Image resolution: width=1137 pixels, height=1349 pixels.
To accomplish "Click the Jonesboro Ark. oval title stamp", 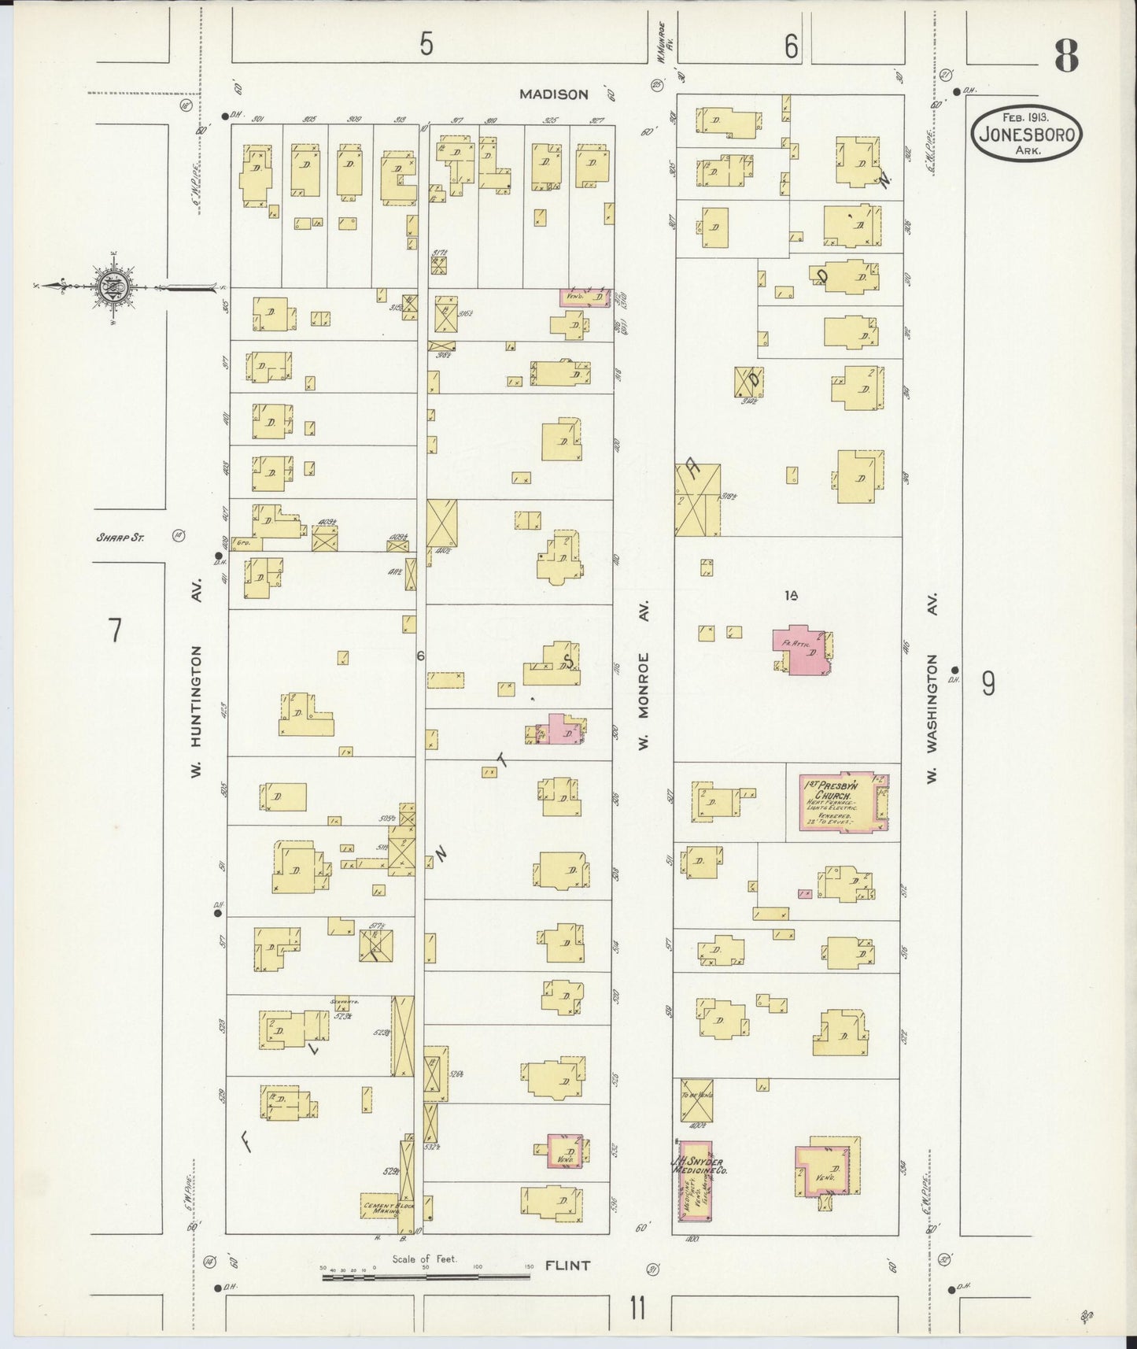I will pos(1027,135).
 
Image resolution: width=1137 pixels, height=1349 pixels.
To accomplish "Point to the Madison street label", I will pos(553,94).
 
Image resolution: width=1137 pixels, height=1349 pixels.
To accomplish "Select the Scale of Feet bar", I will pos(425,1276).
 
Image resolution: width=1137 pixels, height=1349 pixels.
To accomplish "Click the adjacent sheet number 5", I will pos(426,44).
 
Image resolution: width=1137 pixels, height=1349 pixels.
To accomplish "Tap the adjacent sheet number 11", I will pos(637,1310).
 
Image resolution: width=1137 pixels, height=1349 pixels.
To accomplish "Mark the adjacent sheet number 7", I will pos(116,630).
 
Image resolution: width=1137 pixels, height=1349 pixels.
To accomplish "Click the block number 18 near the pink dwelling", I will pos(791,596).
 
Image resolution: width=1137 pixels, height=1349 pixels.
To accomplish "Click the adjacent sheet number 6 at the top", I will pos(791,47).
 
